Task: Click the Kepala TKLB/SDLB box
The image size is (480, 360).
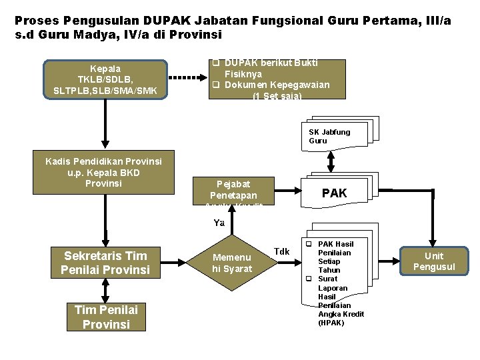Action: pos(105,79)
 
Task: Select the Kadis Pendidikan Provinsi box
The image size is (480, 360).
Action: pos(103,172)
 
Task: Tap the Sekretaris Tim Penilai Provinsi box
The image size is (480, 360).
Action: pos(105,263)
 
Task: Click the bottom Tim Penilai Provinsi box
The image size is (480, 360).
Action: pos(107,317)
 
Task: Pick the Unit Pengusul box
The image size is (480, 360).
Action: pos(434,261)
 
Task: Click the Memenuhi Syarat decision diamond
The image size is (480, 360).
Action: pos(232,263)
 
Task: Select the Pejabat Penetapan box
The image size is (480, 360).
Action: pos(233,189)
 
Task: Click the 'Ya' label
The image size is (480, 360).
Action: pos(219,223)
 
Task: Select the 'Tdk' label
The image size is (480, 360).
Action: pos(282,251)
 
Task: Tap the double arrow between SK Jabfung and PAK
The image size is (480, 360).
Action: pos(331,163)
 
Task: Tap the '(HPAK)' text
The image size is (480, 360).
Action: pos(331,323)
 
